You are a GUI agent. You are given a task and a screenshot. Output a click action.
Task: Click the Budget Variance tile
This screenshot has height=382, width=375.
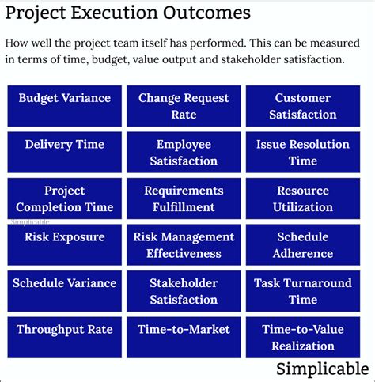(65, 106)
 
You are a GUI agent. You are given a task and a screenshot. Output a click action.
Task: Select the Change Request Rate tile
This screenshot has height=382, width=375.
(184, 106)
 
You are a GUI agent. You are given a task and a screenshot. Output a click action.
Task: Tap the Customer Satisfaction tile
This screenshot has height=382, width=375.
(302, 106)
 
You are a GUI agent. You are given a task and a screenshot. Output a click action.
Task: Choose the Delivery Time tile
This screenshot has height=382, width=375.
(65, 153)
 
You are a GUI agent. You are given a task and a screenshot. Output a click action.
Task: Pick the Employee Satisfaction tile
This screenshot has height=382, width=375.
(184, 153)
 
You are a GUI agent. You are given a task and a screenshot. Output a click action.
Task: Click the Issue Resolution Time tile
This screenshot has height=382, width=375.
(302, 153)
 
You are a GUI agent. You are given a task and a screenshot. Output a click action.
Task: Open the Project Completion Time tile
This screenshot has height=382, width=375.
(65, 199)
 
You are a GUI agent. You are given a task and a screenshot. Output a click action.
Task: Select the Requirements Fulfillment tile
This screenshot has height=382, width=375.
(184, 199)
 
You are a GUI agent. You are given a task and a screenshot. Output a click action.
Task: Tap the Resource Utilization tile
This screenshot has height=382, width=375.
(302, 199)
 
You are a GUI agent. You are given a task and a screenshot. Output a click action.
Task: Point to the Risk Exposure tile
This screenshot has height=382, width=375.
(65, 244)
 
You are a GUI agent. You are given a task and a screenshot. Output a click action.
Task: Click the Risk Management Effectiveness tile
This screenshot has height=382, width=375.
(184, 244)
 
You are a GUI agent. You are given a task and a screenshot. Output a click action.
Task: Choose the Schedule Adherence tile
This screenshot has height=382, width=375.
(302, 244)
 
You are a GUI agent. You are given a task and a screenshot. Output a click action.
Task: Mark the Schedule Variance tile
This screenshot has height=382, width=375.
(65, 291)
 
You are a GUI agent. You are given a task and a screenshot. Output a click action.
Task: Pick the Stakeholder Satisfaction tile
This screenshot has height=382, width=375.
(184, 291)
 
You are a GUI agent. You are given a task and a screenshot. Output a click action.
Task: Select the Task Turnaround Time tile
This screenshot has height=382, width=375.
(302, 291)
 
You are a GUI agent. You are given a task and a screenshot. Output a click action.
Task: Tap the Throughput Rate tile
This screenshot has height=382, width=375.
(65, 337)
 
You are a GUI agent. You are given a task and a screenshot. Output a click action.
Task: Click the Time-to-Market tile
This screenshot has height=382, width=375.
(184, 337)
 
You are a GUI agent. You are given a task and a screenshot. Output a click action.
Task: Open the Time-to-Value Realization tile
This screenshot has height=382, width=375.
(302, 337)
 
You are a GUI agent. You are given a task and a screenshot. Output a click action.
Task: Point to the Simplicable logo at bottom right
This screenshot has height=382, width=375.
(322, 369)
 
